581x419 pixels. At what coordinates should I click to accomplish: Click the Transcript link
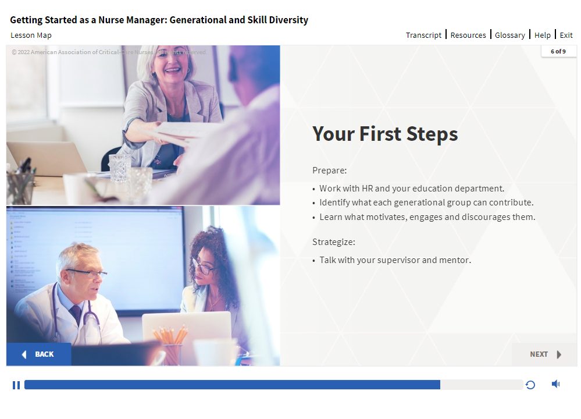[x=423, y=35]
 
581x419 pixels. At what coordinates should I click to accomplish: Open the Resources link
[x=468, y=35]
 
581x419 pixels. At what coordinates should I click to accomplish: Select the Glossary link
[x=510, y=35]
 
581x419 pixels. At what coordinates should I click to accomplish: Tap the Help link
[x=543, y=35]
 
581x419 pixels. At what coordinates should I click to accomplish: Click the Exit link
[x=566, y=35]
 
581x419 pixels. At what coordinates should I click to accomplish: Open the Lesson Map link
[x=31, y=35]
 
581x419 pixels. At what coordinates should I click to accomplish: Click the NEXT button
[x=545, y=354]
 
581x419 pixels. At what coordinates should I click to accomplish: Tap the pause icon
[x=16, y=385]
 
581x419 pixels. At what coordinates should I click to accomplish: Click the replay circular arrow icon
[x=530, y=385]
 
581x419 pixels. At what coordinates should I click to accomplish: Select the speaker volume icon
[x=555, y=384]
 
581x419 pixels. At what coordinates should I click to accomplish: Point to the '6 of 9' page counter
[x=558, y=52]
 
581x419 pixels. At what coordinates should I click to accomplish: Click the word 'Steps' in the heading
[x=432, y=134]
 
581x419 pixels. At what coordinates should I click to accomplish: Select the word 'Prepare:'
[x=329, y=171]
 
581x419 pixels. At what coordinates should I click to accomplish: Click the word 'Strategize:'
[x=333, y=242]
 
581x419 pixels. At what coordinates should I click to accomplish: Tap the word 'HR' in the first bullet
[x=367, y=189]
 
